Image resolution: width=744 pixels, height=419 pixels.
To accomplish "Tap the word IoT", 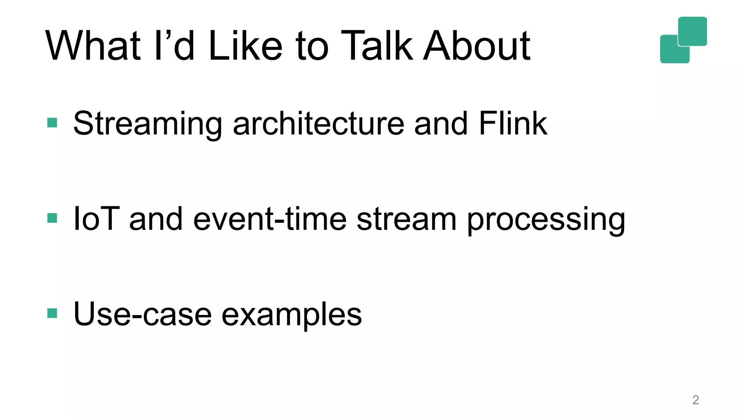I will pos(96,219).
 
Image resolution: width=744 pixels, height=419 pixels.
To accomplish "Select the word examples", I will pos(292,315).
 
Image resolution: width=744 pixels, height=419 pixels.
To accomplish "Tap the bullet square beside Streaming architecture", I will pos(52,123).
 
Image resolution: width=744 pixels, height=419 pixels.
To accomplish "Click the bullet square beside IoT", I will pos(52,218).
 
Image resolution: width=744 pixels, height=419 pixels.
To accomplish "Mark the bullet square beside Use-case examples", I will pos(52,313).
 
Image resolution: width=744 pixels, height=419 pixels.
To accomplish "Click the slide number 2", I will pos(696,400).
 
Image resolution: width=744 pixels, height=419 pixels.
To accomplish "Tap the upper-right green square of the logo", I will pos(692,31).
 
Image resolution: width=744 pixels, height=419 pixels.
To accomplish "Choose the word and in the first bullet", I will pos(441,124).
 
